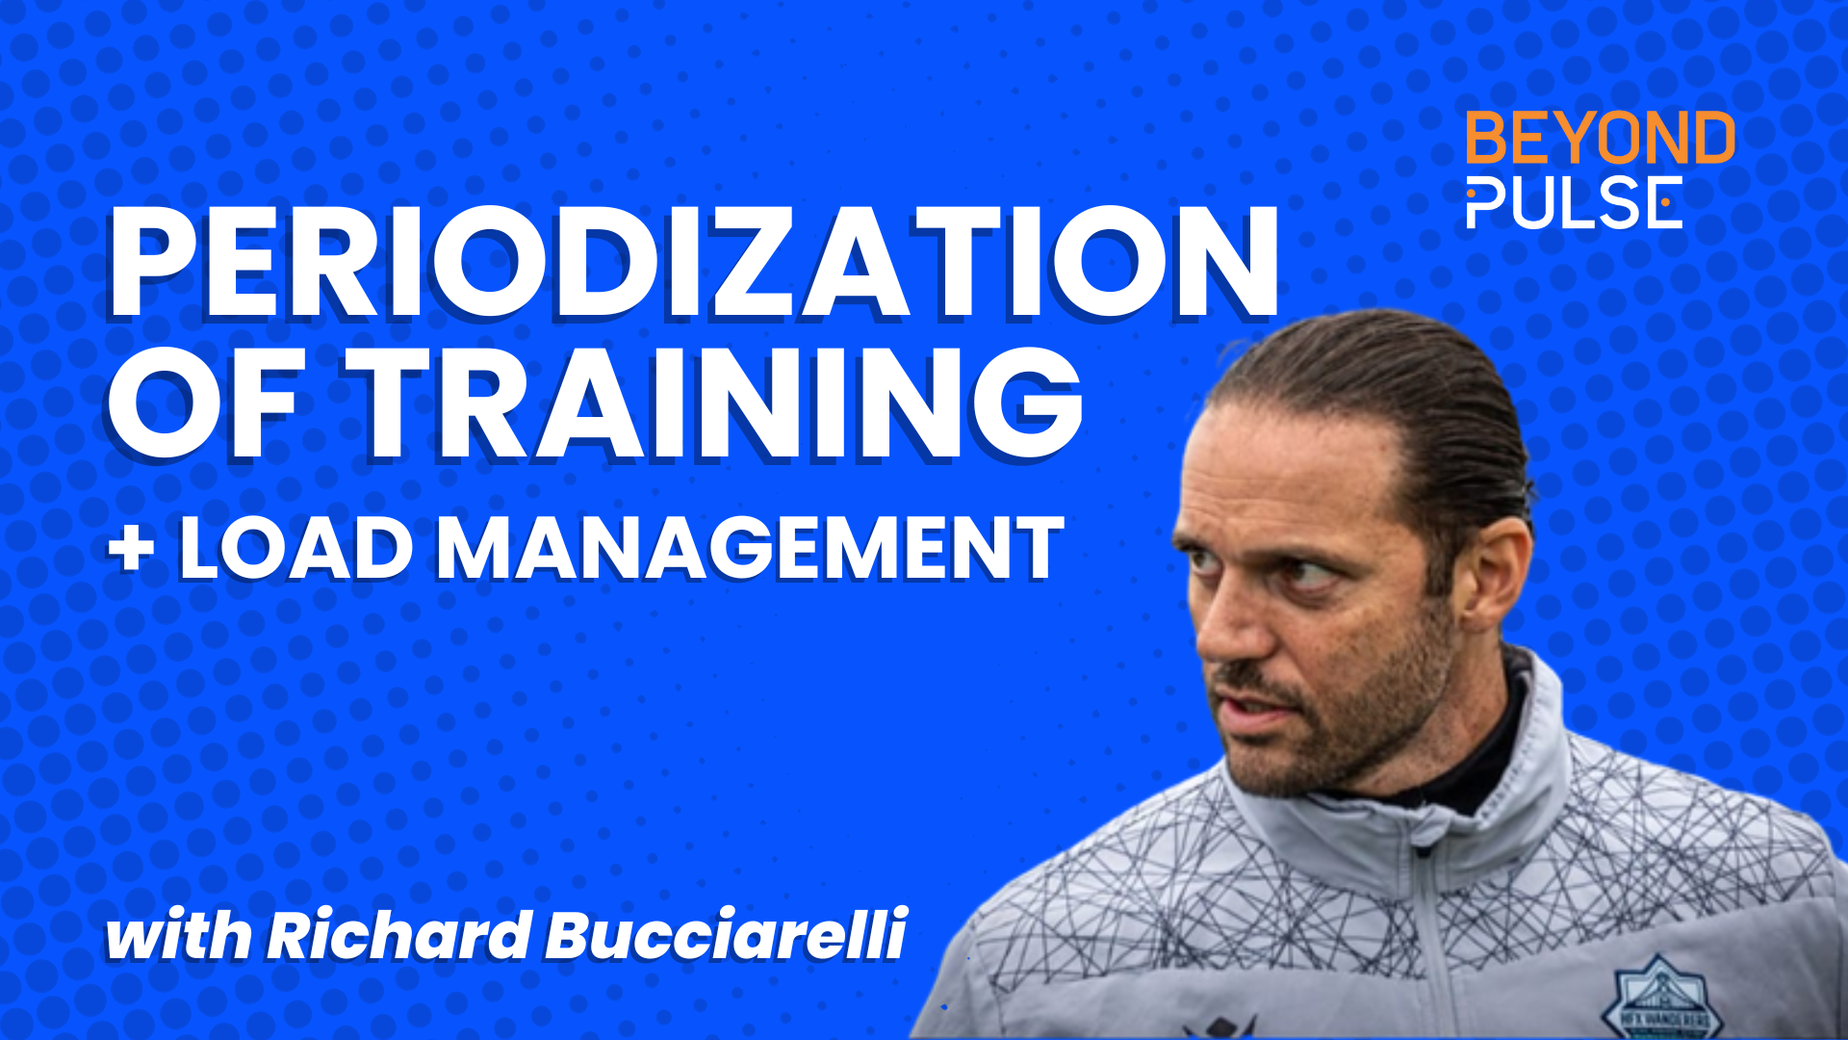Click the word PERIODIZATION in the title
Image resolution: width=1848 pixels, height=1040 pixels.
click(x=693, y=262)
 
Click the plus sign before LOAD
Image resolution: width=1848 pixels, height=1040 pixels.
click(x=132, y=549)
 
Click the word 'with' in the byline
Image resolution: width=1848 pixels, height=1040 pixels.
click(x=178, y=936)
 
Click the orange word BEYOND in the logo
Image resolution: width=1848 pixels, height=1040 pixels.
click(x=1600, y=139)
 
